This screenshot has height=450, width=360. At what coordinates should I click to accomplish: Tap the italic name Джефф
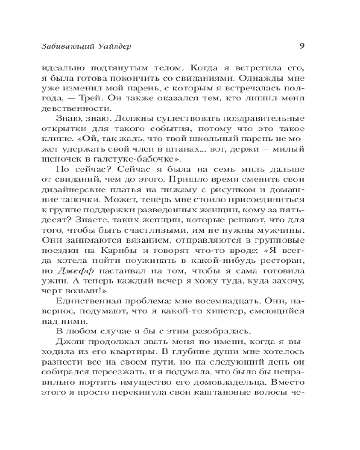pos(70,272)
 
